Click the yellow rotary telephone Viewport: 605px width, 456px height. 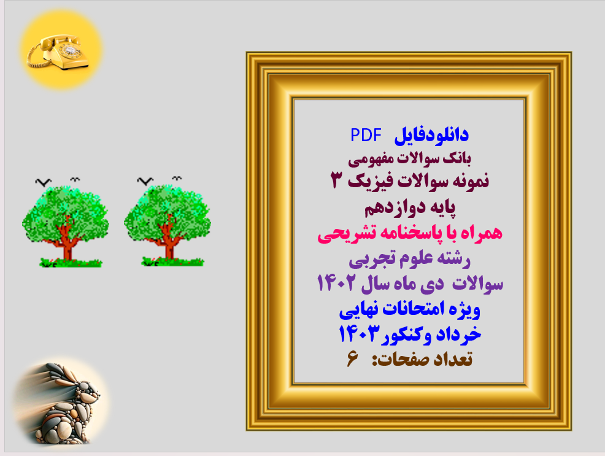pos(58,50)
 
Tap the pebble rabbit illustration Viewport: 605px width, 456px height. pos(59,404)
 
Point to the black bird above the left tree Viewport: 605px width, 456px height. pos(42,182)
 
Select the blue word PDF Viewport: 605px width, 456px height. pos(366,134)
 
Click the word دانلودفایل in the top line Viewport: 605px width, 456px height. pos(436,134)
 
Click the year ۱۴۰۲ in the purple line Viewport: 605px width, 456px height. pos(337,284)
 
